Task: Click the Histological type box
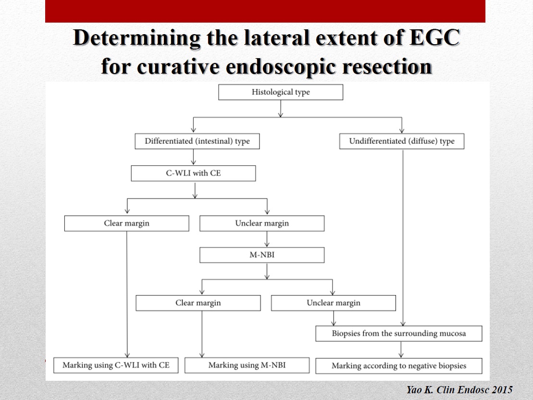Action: (280, 92)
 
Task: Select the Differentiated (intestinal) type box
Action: (197, 141)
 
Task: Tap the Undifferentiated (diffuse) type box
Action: (401, 141)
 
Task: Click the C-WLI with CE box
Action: (193, 173)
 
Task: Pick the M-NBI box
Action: (262, 255)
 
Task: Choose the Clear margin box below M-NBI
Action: (198, 303)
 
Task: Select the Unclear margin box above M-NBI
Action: (262, 223)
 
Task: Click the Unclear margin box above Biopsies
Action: (334, 303)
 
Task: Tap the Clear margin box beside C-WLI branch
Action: (126, 223)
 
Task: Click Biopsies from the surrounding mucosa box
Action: (399, 333)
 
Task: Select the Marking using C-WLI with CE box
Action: (116, 365)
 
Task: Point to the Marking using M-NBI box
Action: (247, 365)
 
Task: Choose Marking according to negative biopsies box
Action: (399, 366)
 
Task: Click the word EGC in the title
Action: (435, 37)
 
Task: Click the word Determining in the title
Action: (136, 38)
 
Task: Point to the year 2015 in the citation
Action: (501, 389)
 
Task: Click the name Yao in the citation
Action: (414, 389)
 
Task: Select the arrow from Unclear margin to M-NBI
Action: (267, 239)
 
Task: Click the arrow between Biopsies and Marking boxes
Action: (401, 350)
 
